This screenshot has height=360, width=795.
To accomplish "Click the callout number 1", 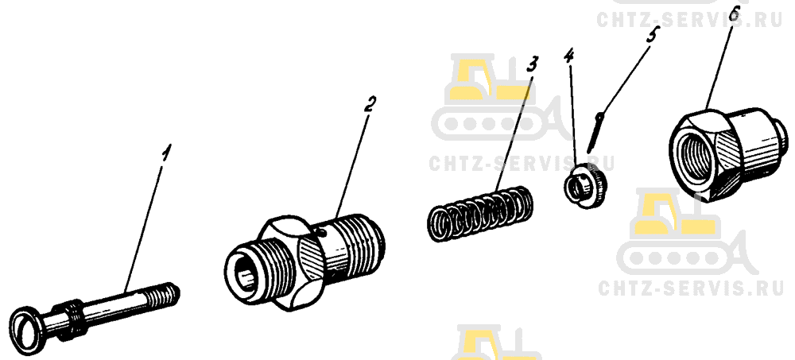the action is pos(166,153).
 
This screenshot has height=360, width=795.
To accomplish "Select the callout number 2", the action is pos(370,106).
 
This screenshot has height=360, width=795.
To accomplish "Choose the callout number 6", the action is pos(735,14).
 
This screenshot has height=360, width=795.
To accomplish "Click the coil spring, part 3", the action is pos(479,213).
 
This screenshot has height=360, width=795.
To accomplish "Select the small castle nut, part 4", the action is pos(585,184).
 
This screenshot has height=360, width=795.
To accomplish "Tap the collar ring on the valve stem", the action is pos(68,319).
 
